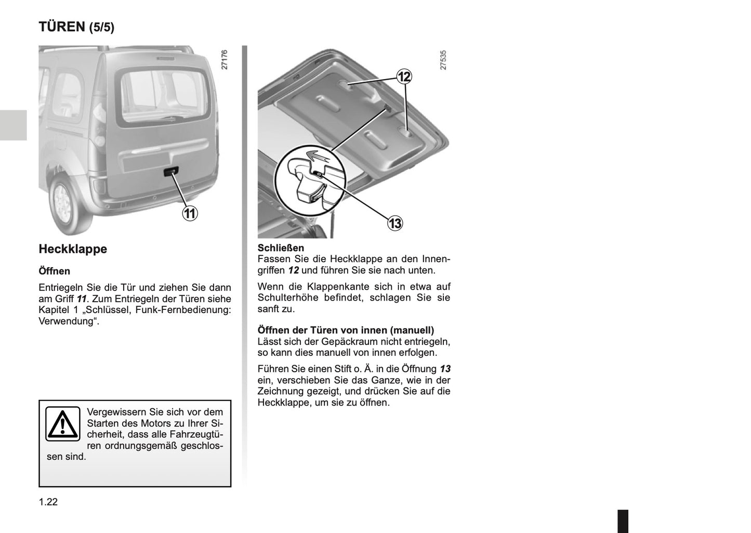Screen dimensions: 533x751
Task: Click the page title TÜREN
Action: point(61,27)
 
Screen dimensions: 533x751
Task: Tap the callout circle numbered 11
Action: point(190,213)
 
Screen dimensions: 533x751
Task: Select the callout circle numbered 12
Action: point(404,77)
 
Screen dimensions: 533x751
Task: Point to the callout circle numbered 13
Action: point(395,224)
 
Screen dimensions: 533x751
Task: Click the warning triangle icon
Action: point(62,424)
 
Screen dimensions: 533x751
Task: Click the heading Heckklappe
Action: point(73,249)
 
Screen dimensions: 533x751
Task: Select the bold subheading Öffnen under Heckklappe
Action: point(54,271)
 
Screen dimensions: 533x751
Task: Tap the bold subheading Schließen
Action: point(281,248)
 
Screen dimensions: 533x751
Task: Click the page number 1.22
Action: point(48,502)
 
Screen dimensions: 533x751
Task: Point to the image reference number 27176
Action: point(225,60)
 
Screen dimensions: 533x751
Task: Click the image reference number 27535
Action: point(443,60)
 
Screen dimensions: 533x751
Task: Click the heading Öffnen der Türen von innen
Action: point(346,330)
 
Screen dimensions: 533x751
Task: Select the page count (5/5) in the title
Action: point(101,28)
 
